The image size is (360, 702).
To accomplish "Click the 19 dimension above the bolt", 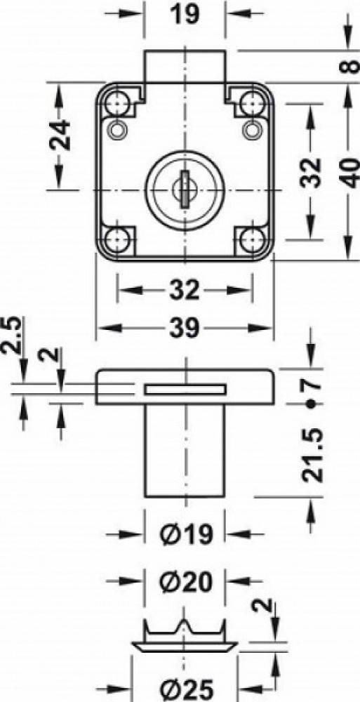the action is coord(185,14).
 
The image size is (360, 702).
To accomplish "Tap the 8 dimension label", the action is coord(351,66).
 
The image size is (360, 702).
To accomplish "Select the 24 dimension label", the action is coord(60,135).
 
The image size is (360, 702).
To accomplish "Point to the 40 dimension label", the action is coord(351,173).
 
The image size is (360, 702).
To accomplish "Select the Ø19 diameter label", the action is coord(185,534).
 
